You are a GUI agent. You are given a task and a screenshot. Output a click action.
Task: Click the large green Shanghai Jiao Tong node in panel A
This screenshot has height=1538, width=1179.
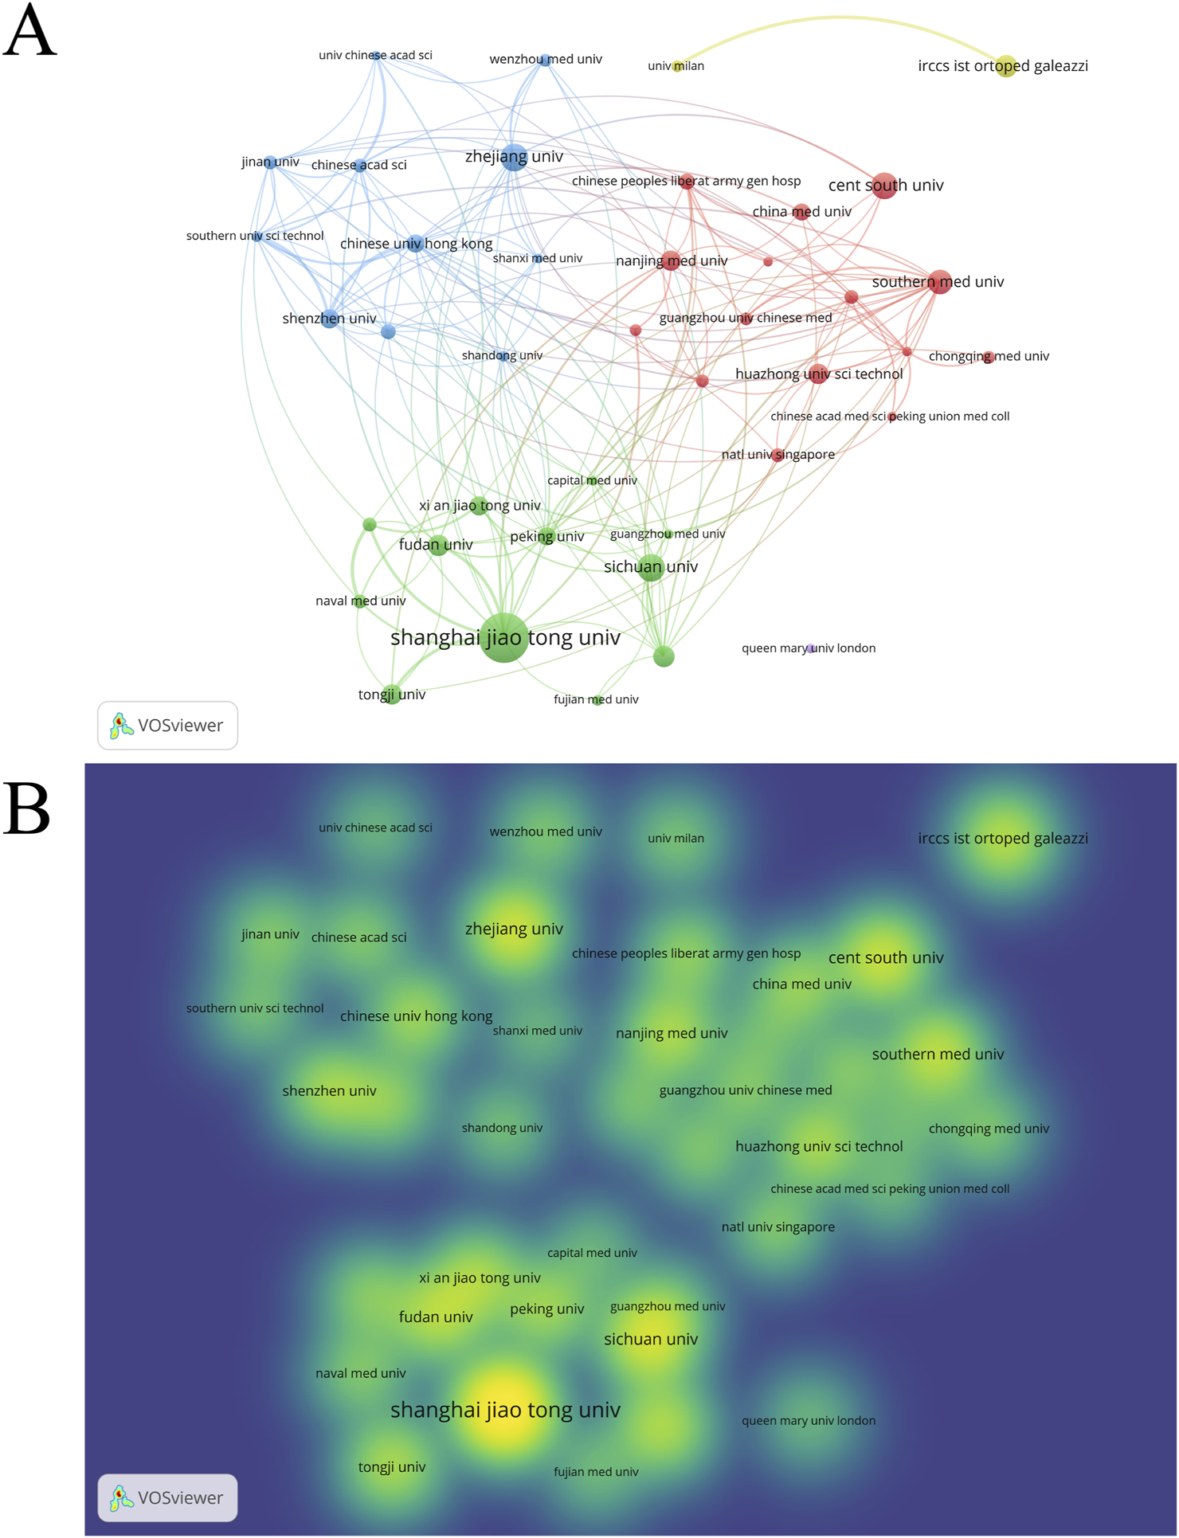tap(503, 637)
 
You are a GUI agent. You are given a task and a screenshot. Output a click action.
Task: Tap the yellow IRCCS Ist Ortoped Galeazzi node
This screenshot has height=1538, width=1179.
tap(1006, 66)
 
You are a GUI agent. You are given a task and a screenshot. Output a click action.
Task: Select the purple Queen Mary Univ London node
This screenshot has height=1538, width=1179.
tap(810, 649)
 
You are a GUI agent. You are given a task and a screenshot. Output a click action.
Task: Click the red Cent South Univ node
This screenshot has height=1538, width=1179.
tap(884, 186)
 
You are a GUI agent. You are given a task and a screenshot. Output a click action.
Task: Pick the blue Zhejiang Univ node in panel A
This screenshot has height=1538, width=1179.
tap(515, 157)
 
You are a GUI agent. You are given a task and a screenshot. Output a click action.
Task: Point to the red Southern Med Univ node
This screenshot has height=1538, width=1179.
tap(940, 282)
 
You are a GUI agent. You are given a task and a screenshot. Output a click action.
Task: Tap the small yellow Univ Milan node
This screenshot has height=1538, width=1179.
tap(677, 66)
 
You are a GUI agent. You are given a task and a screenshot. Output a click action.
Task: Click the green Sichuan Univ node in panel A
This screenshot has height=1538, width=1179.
tap(652, 567)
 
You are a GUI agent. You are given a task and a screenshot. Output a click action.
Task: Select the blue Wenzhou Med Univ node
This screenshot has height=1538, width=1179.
tap(545, 60)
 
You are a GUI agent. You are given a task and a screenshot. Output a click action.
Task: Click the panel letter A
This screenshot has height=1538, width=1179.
tap(29, 32)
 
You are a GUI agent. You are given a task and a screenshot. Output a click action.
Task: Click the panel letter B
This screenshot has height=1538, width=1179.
tap(27, 808)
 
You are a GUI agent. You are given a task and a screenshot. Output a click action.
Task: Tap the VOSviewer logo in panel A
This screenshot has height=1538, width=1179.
tap(167, 726)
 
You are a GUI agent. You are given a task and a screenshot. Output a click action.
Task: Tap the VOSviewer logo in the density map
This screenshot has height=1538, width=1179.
tap(167, 1497)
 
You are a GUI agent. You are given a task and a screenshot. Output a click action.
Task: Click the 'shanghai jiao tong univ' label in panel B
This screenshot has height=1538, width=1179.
tap(505, 1410)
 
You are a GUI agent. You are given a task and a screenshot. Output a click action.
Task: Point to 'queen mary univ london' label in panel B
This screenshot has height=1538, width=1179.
tap(809, 1421)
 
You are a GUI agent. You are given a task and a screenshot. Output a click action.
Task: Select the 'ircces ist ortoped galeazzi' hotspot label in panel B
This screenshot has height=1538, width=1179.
tap(1003, 838)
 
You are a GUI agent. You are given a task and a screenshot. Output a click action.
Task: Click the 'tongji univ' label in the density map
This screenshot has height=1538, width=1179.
tap(392, 1467)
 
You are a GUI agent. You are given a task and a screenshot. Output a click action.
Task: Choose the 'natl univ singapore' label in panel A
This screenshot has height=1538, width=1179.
tap(778, 455)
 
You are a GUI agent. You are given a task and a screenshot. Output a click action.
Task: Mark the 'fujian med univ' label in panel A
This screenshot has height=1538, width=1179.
tap(596, 699)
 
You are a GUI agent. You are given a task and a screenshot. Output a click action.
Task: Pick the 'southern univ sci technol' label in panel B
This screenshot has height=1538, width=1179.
tap(255, 1008)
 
